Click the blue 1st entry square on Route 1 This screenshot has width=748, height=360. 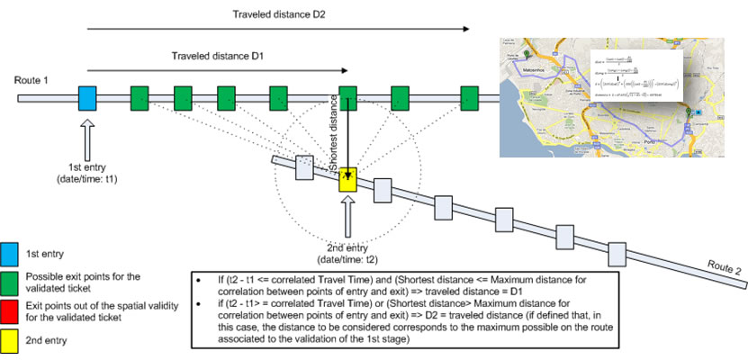pyautogui.click(x=87, y=97)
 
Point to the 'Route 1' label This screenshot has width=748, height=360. pyautogui.click(x=32, y=81)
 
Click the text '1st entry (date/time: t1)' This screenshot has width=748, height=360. pyautogui.click(x=88, y=172)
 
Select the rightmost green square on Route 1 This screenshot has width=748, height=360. pyautogui.click(x=469, y=97)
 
